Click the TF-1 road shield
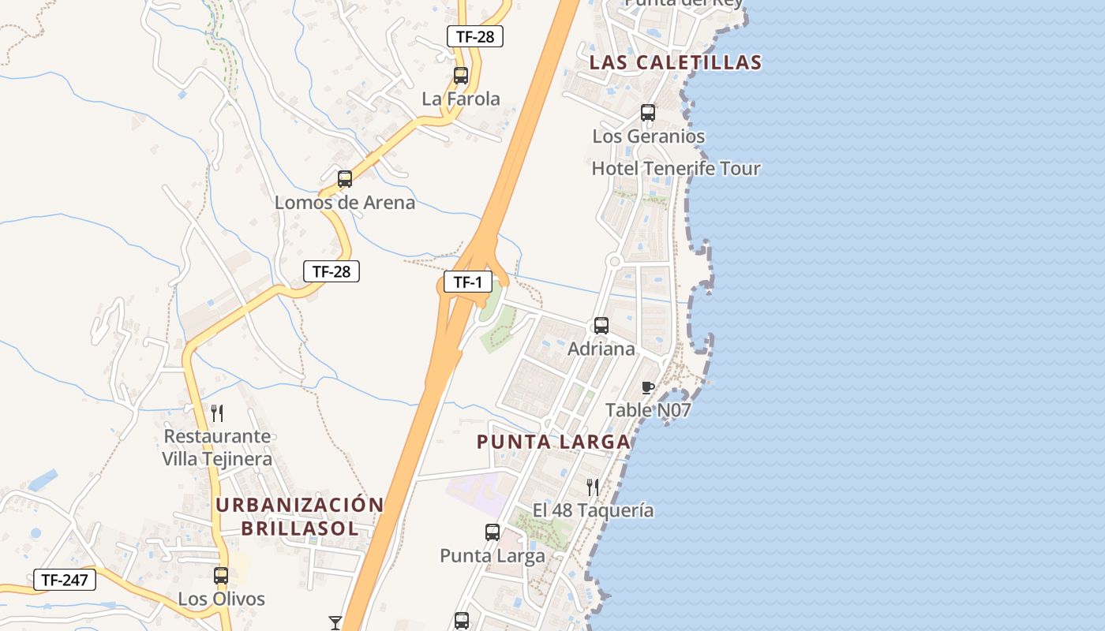[x=467, y=282]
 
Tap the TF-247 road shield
[x=65, y=580]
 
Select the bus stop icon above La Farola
[x=461, y=76]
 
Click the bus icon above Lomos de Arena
[x=345, y=179]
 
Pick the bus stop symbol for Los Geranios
[x=648, y=113]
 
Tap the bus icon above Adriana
[x=601, y=325]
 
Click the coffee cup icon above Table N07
[x=648, y=387]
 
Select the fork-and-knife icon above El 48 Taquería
[x=593, y=487]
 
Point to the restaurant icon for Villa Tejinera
[x=217, y=413]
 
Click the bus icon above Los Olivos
[x=221, y=576]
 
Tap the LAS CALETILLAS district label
[x=676, y=62]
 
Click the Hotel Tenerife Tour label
[x=676, y=168]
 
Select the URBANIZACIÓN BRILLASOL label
[x=300, y=517]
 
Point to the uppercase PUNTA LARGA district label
[x=553, y=442]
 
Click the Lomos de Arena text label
[x=345, y=203]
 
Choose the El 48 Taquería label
[x=593, y=510]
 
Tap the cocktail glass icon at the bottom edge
[x=335, y=623]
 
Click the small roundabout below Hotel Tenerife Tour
[x=614, y=261]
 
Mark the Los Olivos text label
[x=221, y=599]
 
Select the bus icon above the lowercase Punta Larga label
[x=493, y=532]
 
